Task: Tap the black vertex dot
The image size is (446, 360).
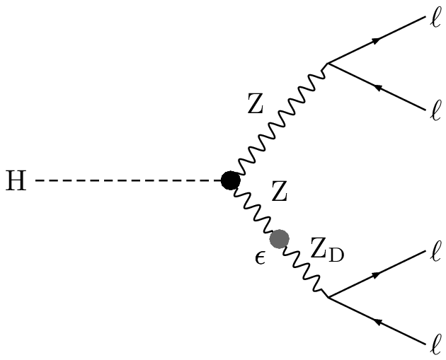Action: point(230,181)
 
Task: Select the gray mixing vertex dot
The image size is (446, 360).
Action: point(279,239)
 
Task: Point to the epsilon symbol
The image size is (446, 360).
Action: point(260,256)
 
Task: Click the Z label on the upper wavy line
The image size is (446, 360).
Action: point(256,106)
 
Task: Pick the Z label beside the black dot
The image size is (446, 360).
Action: point(280,192)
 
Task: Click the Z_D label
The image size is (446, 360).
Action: point(326,249)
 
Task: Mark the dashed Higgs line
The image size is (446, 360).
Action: point(127,182)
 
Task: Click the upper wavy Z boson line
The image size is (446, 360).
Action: point(280,122)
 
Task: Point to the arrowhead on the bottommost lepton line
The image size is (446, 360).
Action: point(381,323)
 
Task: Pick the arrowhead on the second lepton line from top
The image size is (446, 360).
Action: point(379,88)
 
